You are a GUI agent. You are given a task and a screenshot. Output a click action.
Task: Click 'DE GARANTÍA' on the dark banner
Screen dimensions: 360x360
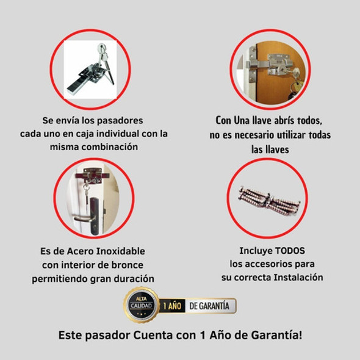[x=209, y=306]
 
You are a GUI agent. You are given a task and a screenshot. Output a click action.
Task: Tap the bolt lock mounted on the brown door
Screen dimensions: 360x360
[x=268, y=64]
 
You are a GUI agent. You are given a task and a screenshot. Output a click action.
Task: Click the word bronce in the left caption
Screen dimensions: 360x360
[x=135, y=264]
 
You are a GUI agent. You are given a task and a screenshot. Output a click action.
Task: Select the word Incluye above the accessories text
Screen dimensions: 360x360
[x=255, y=251]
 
